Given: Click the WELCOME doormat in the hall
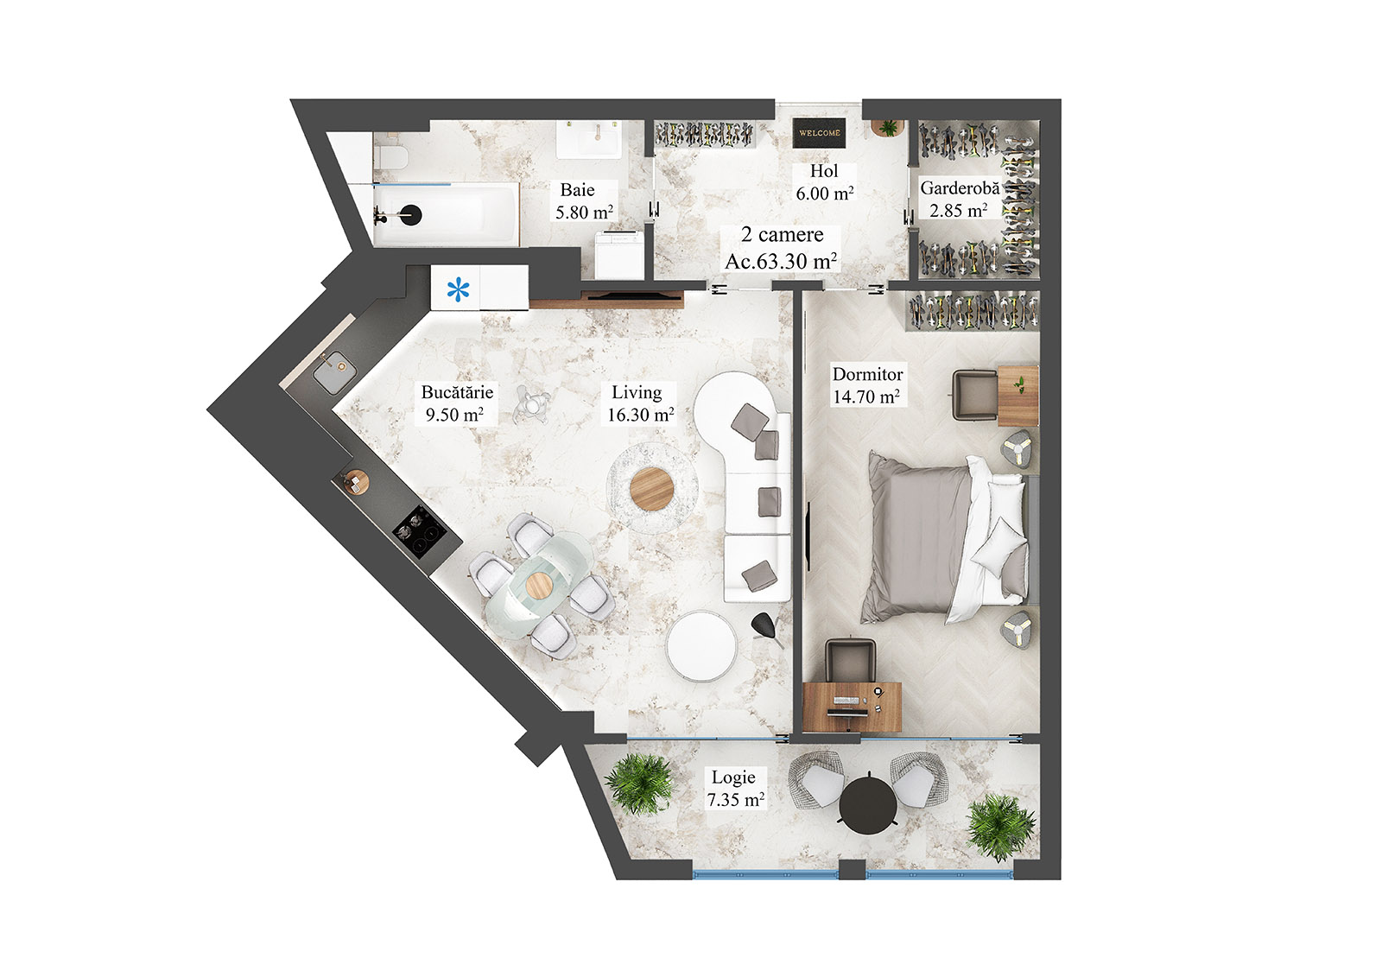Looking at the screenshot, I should coord(819,133).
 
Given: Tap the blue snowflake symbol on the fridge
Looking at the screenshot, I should coord(459,289).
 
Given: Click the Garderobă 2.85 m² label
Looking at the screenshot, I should coord(959,199).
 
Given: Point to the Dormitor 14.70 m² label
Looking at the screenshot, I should coord(866,385).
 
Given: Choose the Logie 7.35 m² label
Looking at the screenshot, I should coord(735,789).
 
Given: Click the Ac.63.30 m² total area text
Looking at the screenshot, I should coord(781,261).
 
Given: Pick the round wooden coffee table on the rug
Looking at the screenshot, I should coord(652,489).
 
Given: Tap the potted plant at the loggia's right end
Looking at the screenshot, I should coord(1000,827).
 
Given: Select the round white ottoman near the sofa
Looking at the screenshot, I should coord(701,647).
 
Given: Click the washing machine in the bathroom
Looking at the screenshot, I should coord(618,255).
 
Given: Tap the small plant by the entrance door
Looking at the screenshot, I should coord(887,127).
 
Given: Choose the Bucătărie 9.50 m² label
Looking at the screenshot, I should coord(456,403).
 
